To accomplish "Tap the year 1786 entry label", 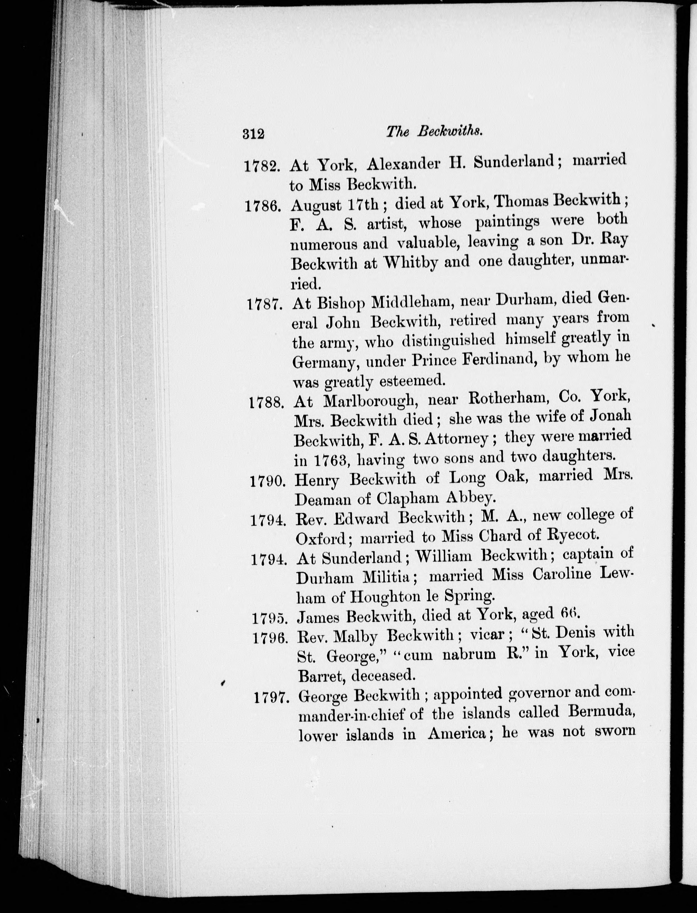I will [x=264, y=206].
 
